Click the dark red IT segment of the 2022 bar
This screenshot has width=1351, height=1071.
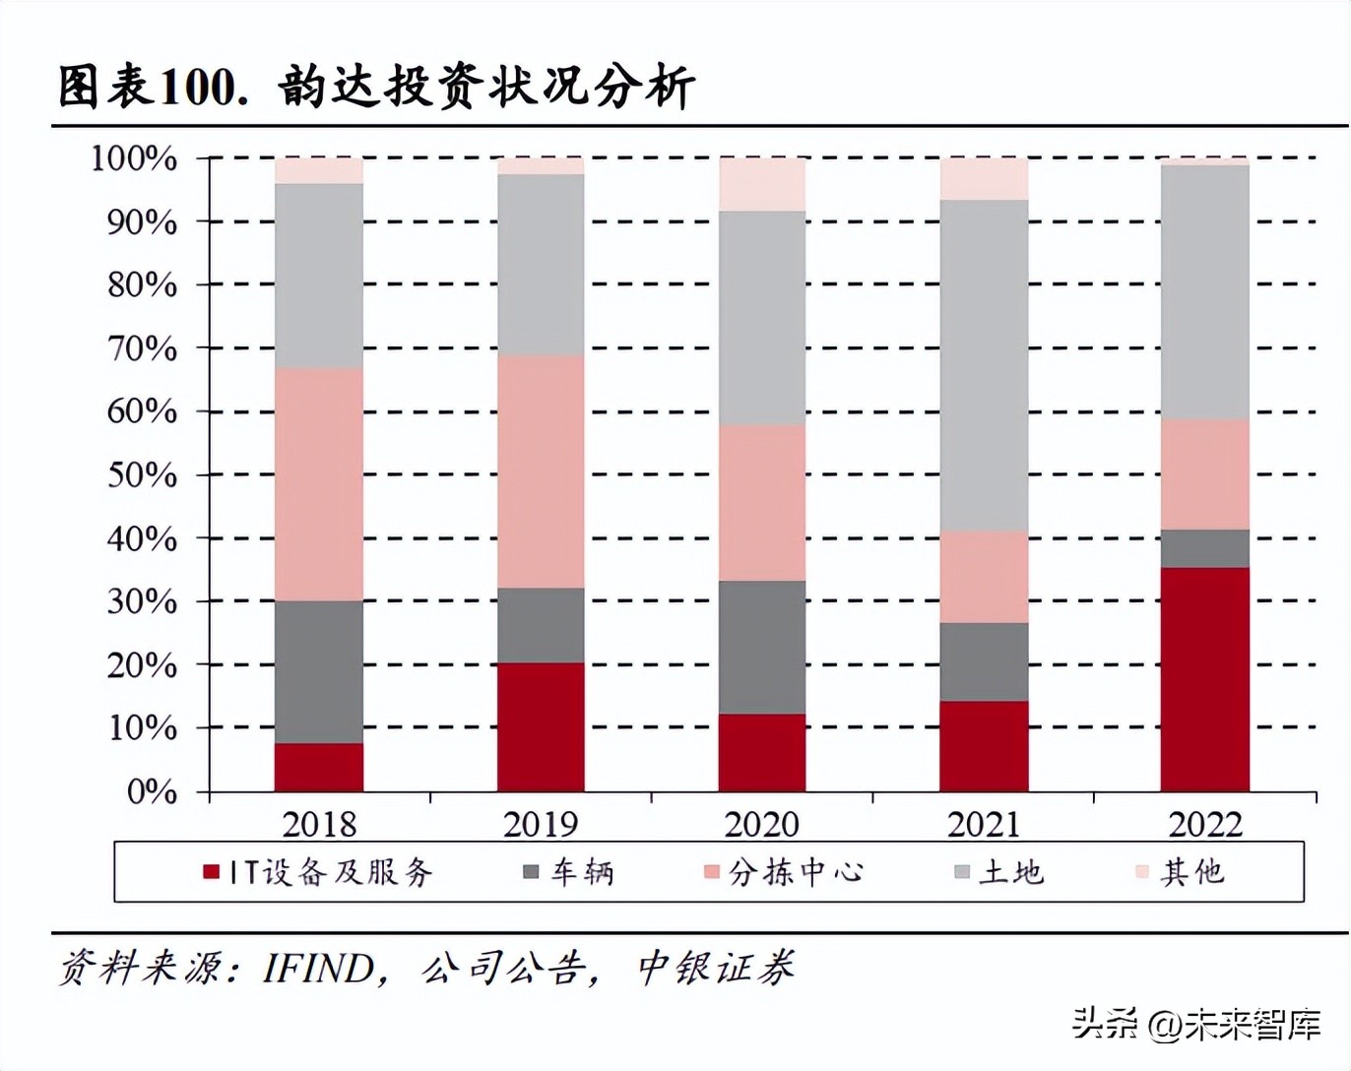click(1204, 679)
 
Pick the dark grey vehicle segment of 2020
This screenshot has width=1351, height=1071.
click(762, 647)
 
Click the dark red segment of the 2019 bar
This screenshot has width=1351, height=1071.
click(541, 726)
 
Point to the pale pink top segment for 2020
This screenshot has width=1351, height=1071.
click(762, 184)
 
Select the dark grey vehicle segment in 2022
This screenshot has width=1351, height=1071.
click(1204, 548)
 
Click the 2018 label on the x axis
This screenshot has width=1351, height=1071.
click(319, 824)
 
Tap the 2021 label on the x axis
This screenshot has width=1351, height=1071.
click(984, 824)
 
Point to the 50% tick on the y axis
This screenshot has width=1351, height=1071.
click(142, 475)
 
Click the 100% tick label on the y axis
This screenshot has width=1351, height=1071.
click(134, 158)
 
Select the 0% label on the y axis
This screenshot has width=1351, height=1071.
click(152, 791)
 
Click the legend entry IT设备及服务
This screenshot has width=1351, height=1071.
click(318, 872)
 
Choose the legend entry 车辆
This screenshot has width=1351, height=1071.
click(569, 872)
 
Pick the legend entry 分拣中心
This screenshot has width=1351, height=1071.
click(784, 872)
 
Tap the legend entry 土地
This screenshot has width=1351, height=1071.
click(999, 872)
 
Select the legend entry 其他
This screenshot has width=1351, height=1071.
click(1181, 872)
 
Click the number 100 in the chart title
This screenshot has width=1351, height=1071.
click(197, 88)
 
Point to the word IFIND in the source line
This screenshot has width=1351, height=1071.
click(318, 969)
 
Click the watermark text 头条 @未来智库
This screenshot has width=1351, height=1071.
click(1195, 1024)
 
